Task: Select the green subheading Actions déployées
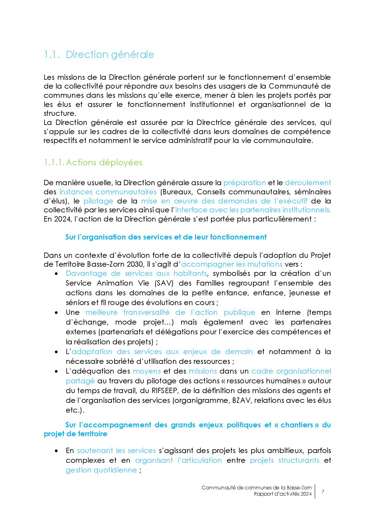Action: (x=104, y=163)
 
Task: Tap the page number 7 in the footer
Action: (x=323, y=492)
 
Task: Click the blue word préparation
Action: (x=245, y=183)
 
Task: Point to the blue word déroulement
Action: (x=308, y=183)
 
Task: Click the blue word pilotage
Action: (x=98, y=201)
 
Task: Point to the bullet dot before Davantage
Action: (x=56, y=274)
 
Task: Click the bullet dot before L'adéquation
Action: (x=56, y=371)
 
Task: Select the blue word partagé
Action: (x=80, y=381)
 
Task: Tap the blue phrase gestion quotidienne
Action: (x=101, y=470)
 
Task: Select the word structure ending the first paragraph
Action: (x=59, y=113)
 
